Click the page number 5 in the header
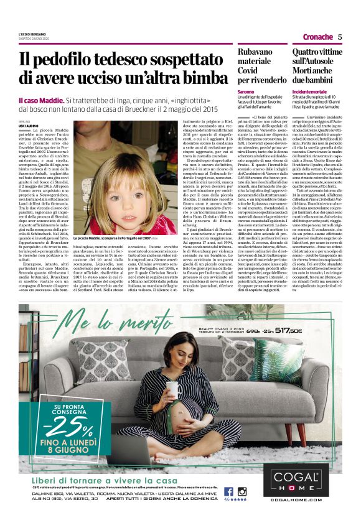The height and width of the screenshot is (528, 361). (340, 37)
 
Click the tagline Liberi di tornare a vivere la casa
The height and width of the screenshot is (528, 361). (100, 481)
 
